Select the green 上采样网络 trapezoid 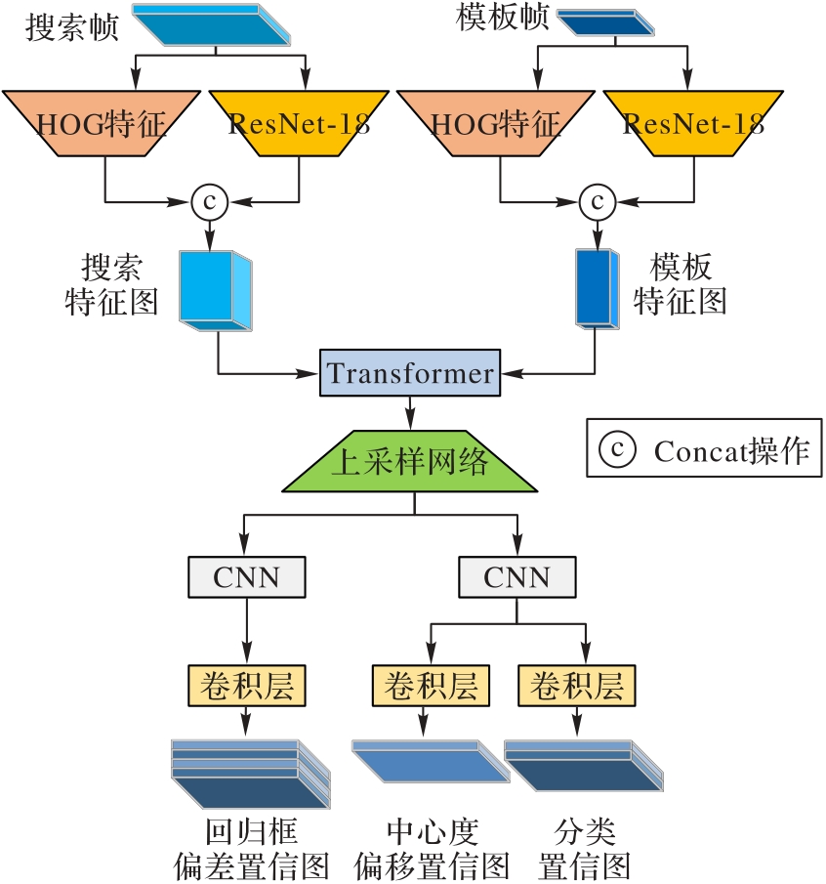pos(410,462)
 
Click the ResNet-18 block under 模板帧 pos(692,123)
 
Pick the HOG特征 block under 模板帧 pos(497,123)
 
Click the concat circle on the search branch pos(208,202)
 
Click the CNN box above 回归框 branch pos(246,577)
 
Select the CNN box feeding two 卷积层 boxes pos(516,577)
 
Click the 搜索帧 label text pos(70,25)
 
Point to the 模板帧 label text pos(501,20)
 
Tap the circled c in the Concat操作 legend pos(616,449)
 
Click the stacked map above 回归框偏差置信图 pos(246,772)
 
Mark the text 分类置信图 pos(583,849)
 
